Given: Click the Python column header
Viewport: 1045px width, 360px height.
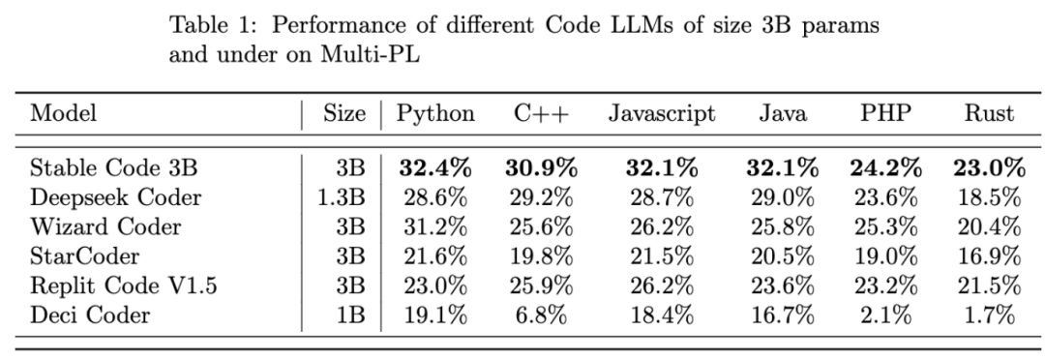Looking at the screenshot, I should (x=435, y=113).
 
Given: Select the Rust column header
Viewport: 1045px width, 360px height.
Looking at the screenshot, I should (x=988, y=113).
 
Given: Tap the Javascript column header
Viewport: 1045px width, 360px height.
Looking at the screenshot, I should (x=662, y=113).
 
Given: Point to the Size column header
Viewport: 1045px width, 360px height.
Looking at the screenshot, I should (x=344, y=113).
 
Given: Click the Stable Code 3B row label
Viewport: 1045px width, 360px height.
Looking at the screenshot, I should (x=114, y=168).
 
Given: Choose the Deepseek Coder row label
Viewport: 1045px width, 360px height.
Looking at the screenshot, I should (x=116, y=198).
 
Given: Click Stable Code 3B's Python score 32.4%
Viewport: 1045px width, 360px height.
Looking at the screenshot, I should (x=435, y=168).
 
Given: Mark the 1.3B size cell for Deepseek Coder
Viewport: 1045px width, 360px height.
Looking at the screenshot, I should (x=341, y=198).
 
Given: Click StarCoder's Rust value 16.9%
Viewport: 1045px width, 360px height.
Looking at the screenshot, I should (x=988, y=256).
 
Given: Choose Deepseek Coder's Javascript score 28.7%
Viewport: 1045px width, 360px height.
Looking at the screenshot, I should (x=662, y=198).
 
